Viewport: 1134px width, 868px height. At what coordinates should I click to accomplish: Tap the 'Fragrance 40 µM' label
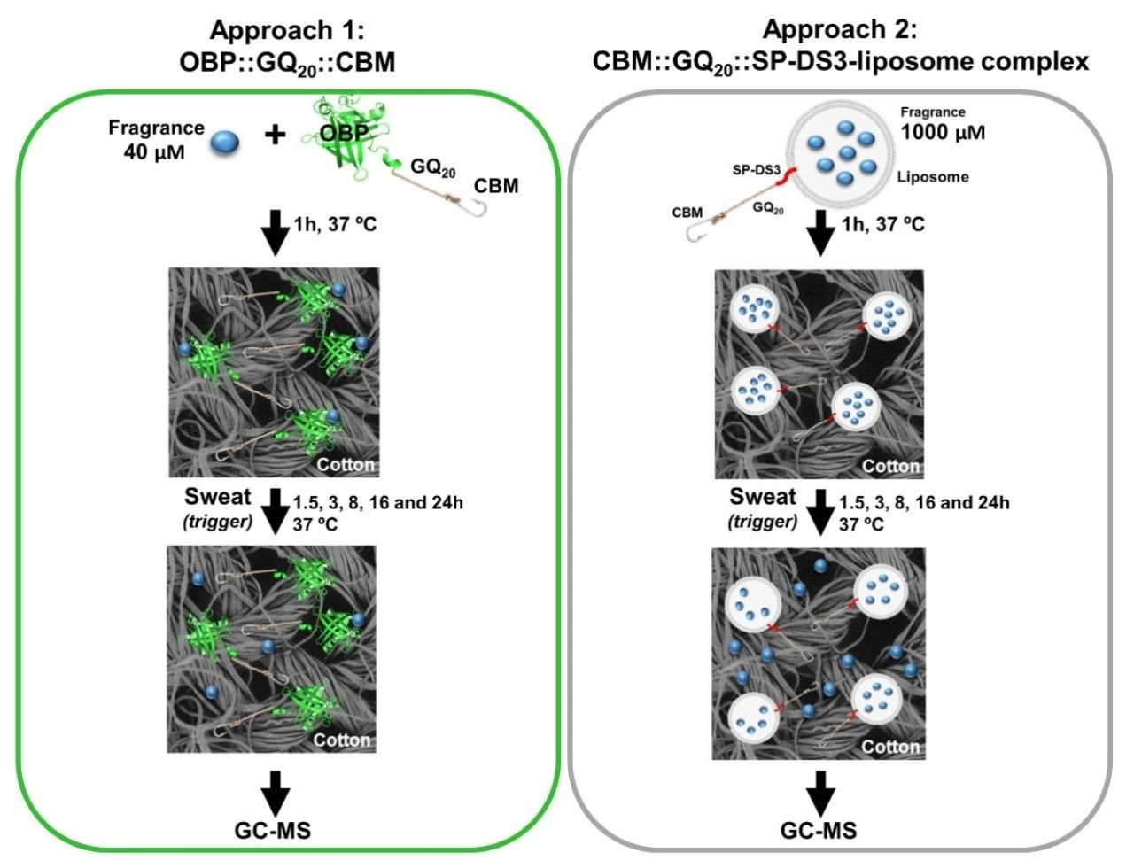click(155, 139)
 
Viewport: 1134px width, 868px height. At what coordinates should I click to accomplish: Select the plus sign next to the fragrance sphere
click(276, 136)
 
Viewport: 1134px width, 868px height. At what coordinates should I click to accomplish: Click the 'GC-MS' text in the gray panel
click(819, 830)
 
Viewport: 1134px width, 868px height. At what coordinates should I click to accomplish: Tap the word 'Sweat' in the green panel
click(218, 497)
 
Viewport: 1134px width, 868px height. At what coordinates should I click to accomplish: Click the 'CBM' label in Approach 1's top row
click(496, 186)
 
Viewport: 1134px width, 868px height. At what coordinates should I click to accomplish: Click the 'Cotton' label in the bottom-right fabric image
click(891, 747)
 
